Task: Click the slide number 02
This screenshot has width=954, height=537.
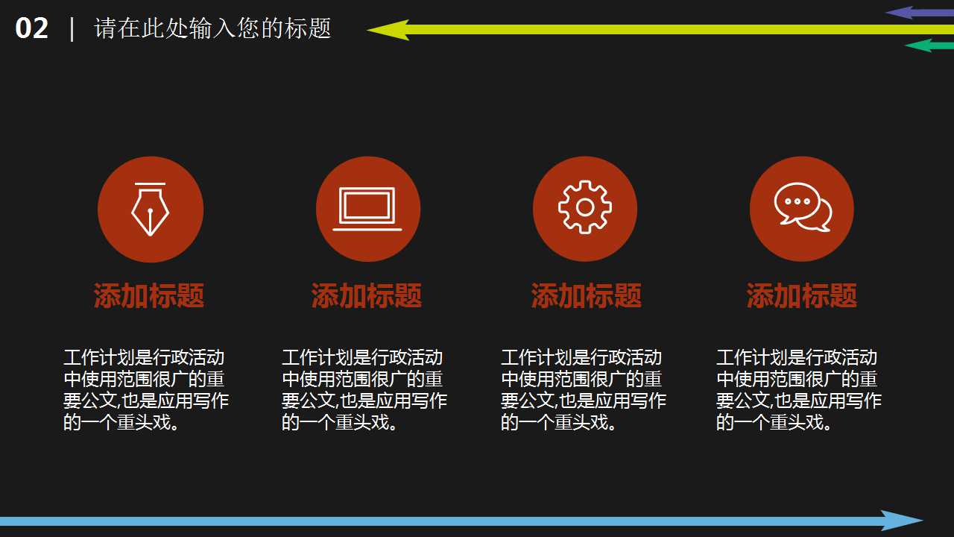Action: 32,29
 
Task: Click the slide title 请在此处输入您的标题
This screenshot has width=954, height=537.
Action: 212,29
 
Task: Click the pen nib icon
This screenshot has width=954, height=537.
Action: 150,209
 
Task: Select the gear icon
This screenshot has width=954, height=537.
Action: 585,207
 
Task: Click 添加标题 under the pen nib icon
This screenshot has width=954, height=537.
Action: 149,296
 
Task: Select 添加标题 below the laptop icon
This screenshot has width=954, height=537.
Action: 367,296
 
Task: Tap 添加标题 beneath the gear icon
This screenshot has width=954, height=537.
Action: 587,296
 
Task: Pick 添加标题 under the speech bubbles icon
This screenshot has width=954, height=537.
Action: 802,296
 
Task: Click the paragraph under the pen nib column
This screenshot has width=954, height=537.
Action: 146,390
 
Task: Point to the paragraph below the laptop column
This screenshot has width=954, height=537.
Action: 364,390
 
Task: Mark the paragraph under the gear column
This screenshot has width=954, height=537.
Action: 584,390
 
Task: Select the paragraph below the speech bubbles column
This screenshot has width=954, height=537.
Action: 799,390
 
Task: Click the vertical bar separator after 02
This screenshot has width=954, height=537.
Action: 72,29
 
